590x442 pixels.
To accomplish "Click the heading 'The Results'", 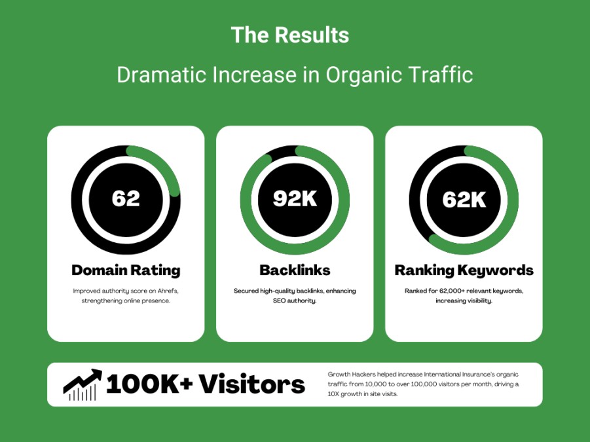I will point(289,35).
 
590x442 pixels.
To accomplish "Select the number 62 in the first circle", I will point(126,198).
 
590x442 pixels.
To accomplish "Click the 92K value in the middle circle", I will point(295,198).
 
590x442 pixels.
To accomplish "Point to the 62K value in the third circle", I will point(464,199).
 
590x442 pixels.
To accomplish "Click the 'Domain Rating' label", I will point(126,270).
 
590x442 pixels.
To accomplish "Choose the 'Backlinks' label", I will point(295,270).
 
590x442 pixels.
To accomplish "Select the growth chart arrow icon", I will point(83,384).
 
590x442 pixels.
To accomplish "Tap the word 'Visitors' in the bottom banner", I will point(252,384).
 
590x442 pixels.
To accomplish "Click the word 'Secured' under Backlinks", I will point(246,291).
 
